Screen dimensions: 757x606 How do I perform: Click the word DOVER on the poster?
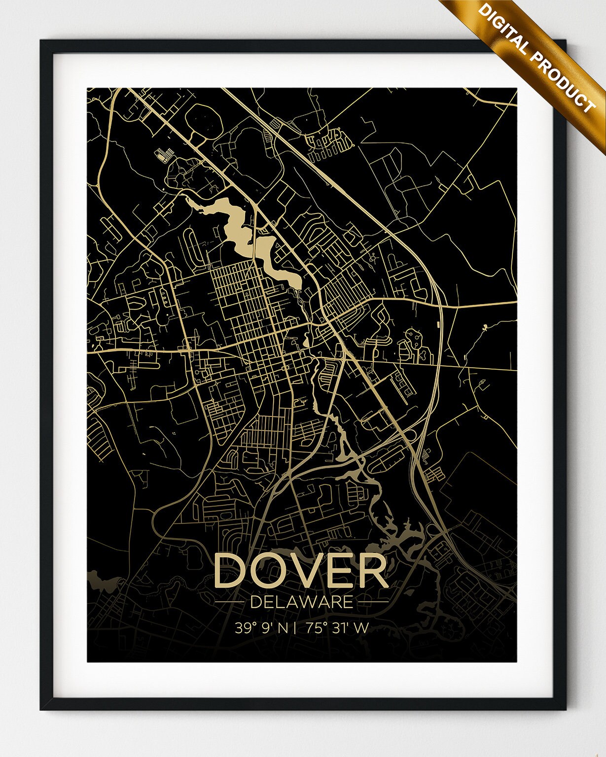pos(301,571)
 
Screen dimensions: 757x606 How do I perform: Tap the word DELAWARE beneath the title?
pos(302,602)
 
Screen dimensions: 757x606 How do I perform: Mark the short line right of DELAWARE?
pos(373,602)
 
